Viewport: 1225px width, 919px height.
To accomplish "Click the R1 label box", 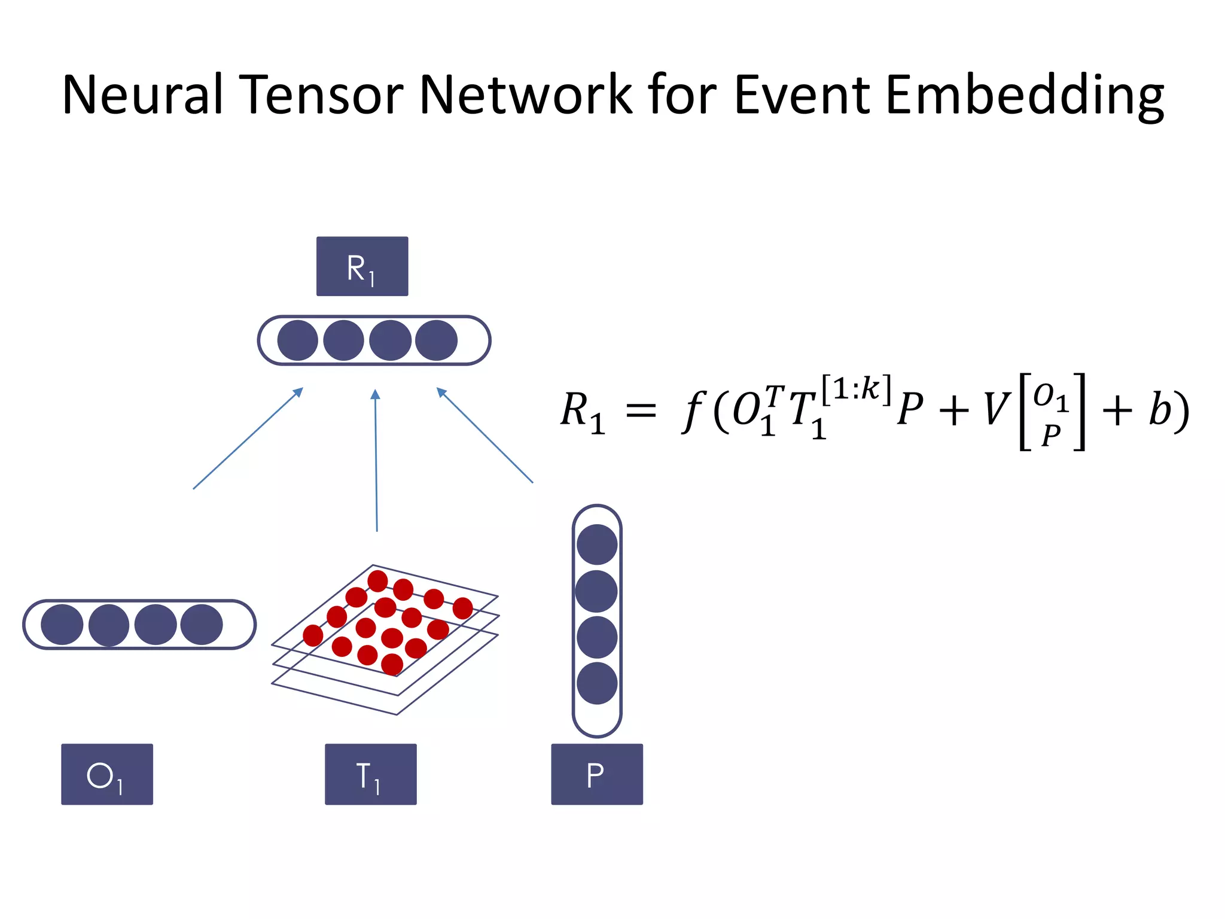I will (362, 266).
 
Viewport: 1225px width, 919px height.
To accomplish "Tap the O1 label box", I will (107, 774).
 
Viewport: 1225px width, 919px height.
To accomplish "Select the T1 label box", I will (370, 774).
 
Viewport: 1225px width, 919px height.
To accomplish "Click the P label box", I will (596, 774).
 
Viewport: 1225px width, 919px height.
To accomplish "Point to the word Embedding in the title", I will (1024, 96).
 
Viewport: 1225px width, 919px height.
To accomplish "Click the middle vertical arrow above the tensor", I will (376, 461).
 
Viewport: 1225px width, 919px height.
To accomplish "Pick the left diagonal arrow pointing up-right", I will (248, 439).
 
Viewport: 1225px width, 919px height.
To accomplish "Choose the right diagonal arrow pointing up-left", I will (484, 435).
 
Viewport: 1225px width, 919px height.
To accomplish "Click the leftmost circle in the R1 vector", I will (297, 340).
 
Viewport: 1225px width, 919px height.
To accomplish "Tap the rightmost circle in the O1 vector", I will (202, 625).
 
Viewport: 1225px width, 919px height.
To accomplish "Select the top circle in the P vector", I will (597, 544).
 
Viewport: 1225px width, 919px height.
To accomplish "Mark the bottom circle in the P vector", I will (597, 683).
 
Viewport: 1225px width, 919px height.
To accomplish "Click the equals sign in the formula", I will (641, 411).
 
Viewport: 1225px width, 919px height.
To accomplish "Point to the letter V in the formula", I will (997, 410).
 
